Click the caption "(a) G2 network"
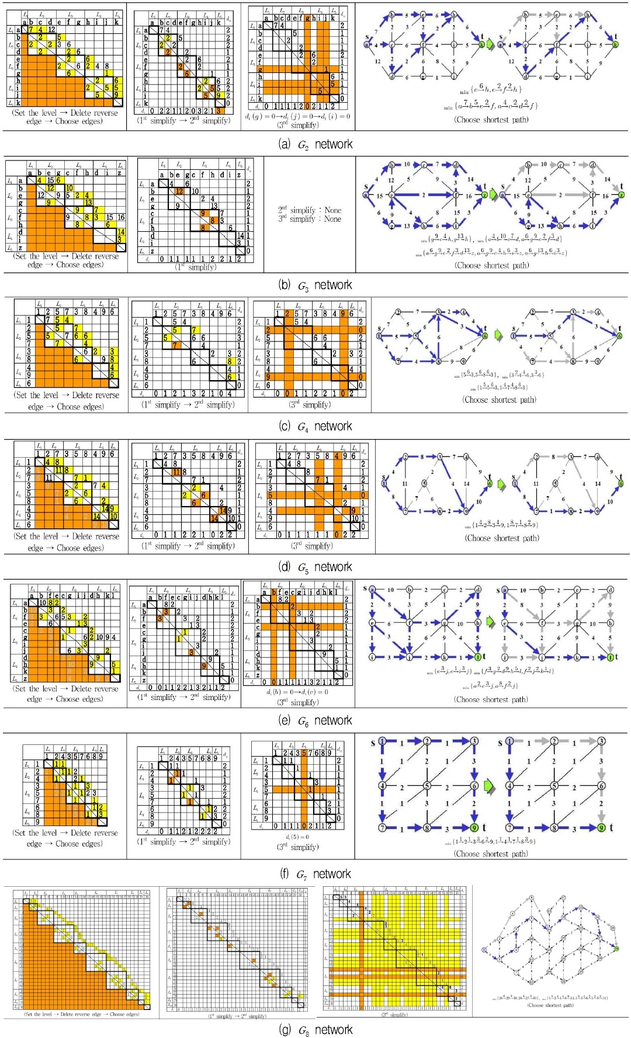315,144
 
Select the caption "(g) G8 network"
315,1029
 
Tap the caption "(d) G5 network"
315,567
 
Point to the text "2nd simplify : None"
310,210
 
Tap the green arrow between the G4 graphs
498,336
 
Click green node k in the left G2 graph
482,44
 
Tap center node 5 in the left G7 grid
427,786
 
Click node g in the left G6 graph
445,623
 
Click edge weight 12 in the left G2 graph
377,61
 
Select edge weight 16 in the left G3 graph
469,196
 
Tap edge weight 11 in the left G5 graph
404,483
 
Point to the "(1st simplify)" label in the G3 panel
196,267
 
